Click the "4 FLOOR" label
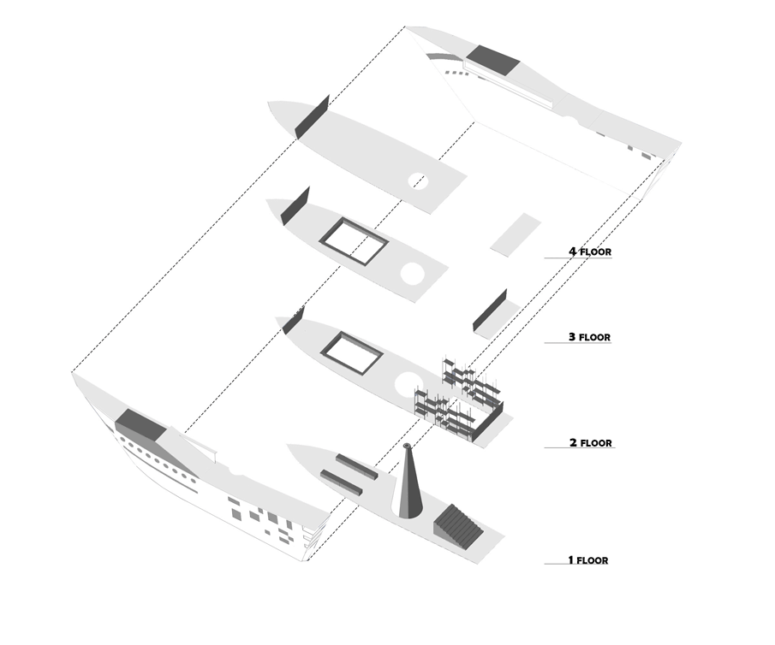589,252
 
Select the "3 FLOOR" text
589,338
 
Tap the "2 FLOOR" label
591,443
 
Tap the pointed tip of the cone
407,447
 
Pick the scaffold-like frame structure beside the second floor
459,397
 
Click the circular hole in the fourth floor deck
419,181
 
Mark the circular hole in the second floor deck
408,381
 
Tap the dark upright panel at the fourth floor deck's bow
312,116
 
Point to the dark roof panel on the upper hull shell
493,60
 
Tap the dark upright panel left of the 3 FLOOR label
489,311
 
